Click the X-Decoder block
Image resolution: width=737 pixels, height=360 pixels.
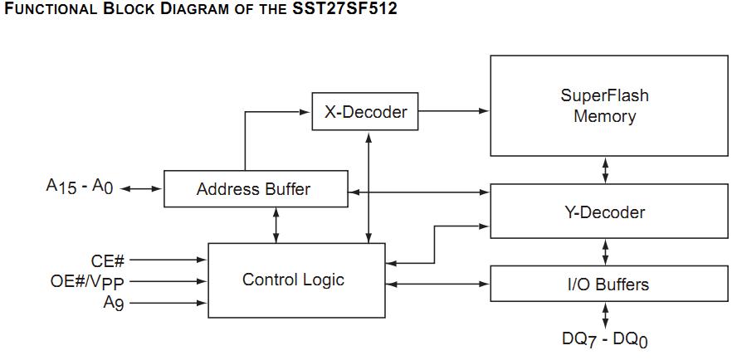pos(365,111)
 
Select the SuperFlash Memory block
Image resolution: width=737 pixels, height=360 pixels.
pos(604,105)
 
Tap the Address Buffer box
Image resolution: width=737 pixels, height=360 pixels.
pos(254,189)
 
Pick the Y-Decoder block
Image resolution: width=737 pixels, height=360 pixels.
pos(604,212)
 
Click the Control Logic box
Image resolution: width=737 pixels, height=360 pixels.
pos(293,280)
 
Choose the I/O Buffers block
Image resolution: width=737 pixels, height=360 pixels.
pos(604,285)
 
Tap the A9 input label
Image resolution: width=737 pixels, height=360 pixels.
pos(114,303)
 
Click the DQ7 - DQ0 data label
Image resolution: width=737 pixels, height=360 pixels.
pos(604,339)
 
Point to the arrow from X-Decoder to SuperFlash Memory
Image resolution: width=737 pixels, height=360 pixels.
pos(454,109)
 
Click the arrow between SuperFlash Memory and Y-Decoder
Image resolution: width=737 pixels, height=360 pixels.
pos(605,171)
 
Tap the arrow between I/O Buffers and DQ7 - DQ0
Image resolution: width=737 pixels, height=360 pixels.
pos(605,316)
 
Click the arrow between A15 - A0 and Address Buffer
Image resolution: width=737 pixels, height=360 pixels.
pos(143,189)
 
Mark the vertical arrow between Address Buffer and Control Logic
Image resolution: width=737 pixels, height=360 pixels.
pos(276,225)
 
